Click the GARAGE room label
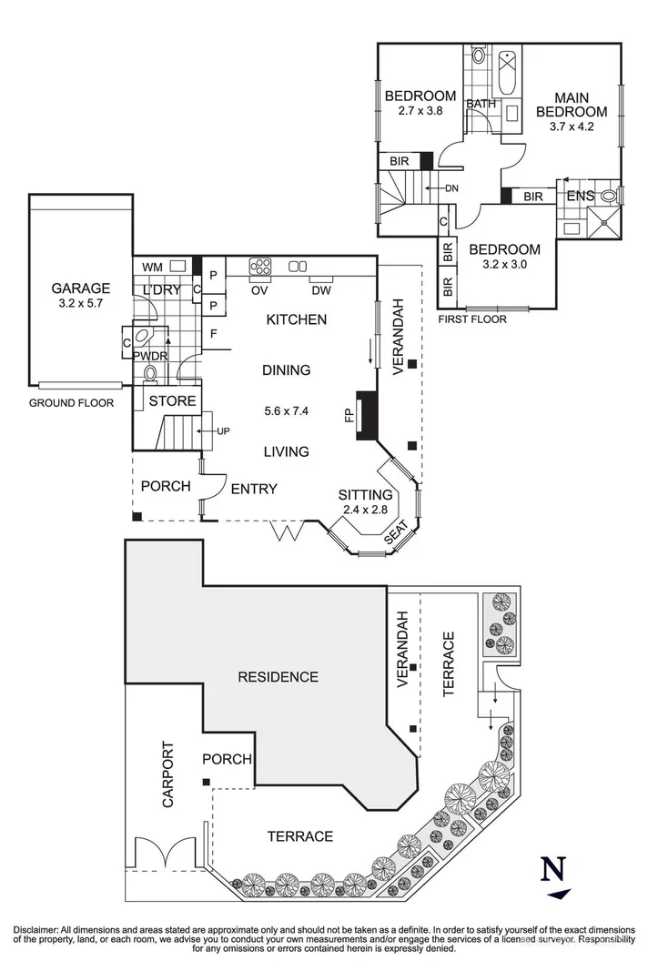80,288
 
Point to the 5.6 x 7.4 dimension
286,410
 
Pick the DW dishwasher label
319,290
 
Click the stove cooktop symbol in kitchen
260,267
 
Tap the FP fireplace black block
366,415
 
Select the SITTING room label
365,494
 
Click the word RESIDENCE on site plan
278,676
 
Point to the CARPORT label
167,780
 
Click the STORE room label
173,400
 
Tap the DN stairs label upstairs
452,188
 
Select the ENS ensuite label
581,196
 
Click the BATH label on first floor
481,104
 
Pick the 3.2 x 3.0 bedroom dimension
505,266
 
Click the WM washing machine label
154,267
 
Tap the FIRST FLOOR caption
472,319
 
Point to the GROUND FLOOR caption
71,402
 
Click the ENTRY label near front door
253,489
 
